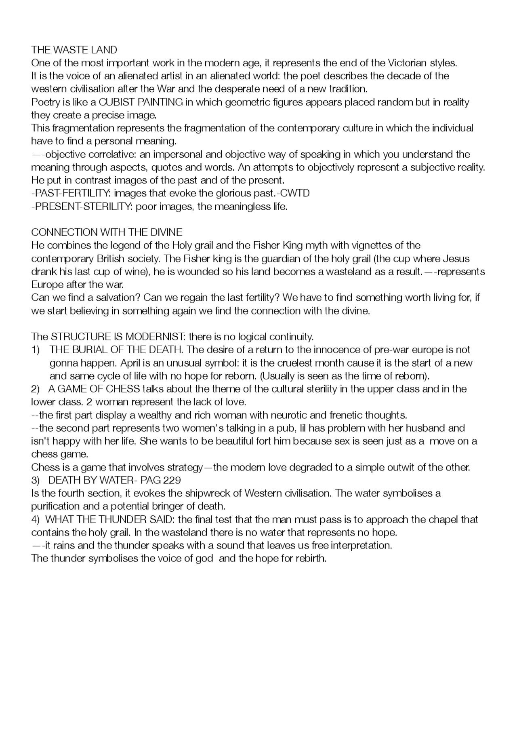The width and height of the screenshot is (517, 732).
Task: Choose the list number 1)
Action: tap(36, 350)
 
